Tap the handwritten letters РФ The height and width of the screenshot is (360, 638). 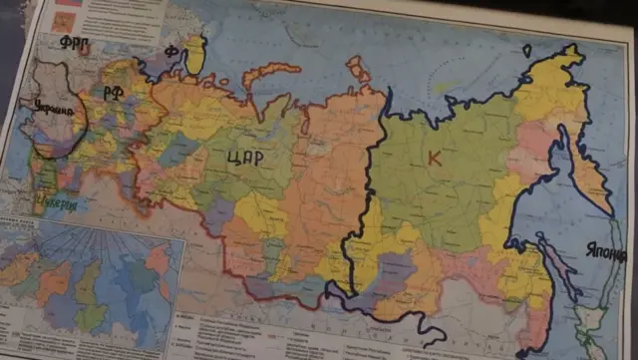pyautogui.click(x=112, y=93)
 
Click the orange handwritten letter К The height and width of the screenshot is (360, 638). pyautogui.click(x=434, y=158)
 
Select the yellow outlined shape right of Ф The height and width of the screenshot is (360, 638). pyautogui.click(x=195, y=55)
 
